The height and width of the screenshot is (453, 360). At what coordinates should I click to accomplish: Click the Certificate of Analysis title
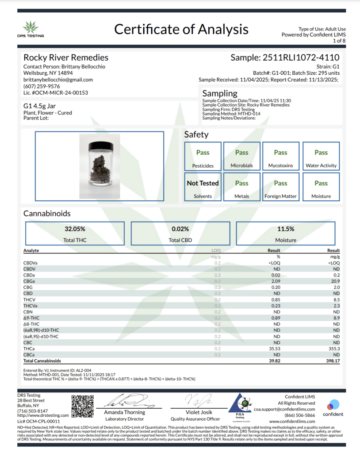pyautogui.click(x=181, y=29)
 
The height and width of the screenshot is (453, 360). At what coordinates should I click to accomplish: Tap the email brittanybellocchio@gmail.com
pyautogui.click(x=58, y=80)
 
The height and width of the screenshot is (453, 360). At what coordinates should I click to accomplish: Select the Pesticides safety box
pyautogui.click(x=203, y=157)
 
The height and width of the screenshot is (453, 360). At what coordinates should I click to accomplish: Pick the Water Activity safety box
pyautogui.click(x=321, y=157)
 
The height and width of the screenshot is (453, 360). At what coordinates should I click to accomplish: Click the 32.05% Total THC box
pyautogui.click(x=75, y=234)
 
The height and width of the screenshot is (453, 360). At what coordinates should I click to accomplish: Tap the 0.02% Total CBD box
pyautogui.click(x=180, y=234)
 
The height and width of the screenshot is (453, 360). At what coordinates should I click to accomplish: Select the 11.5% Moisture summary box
pyautogui.click(x=286, y=234)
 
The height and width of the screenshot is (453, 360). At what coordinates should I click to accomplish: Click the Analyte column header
pyautogui.click(x=31, y=250)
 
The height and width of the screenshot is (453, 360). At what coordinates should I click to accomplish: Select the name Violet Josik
pyautogui.click(x=195, y=412)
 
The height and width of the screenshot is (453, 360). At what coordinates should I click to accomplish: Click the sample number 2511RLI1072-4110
pyautogui.click(x=285, y=58)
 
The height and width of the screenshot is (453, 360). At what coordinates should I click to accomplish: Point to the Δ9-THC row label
pyautogui.click(x=31, y=318)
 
